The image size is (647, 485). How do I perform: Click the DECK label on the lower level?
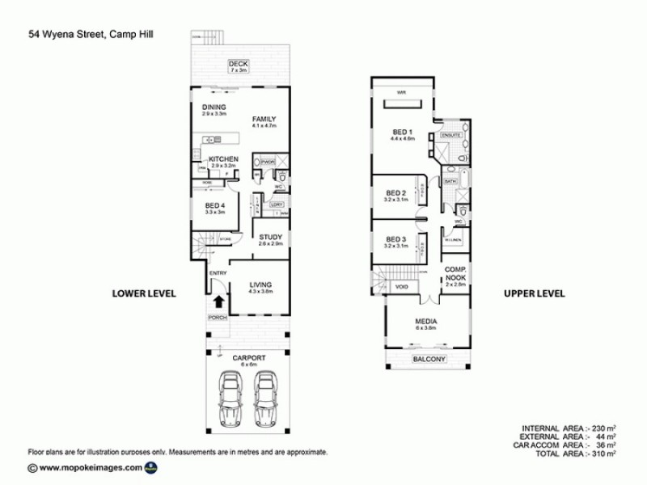pyautogui.click(x=237, y=63)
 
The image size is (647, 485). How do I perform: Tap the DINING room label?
pyautogui.click(x=214, y=108)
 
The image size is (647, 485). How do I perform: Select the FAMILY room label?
pyautogui.click(x=264, y=118)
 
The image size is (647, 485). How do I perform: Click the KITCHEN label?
pyautogui.click(x=222, y=159)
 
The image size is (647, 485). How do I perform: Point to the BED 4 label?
pyautogui.click(x=216, y=205)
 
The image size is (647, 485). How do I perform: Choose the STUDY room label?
pyautogui.click(x=270, y=237)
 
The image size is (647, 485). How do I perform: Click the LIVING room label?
pyautogui.click(x=260, y=284)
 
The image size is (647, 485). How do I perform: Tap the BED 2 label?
pyautogui.click(x=395, y=192)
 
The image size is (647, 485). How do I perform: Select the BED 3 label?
pyautogui.click(x=395, y=239)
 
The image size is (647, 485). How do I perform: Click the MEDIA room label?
pyautogui.click(x=425, y=321)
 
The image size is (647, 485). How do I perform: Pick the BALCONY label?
pyautogui.click(x=429, y=358)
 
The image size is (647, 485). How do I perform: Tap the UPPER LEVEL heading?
pyautogui.click(x=534, y=293)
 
